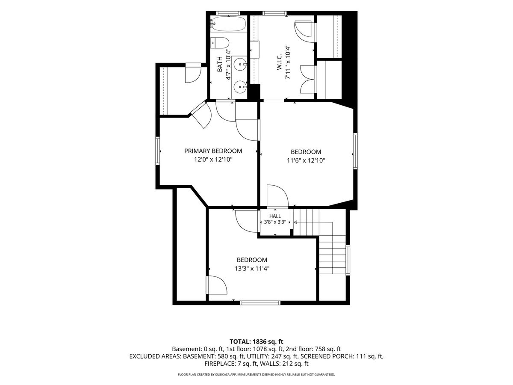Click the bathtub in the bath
coord(228,24)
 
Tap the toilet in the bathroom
coord(219,43)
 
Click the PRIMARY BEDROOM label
coord(213,151)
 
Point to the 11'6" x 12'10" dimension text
coord(306,160)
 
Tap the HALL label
coord(275,216)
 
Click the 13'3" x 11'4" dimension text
coord(252,269)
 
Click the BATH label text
coord(220,64)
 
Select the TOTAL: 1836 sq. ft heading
coord(256,341)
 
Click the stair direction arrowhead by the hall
coord(295,222)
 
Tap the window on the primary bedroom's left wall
coord(158,151)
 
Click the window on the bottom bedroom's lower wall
coord(260,303)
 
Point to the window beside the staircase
coord(348,260)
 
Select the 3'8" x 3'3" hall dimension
coord(275,222)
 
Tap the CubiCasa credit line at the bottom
coord(256,375)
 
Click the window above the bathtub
coord(224,13)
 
